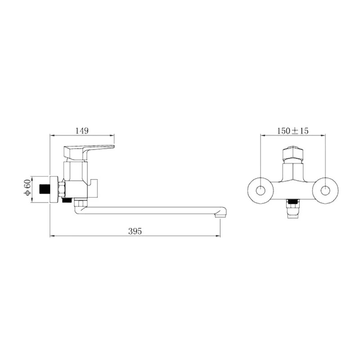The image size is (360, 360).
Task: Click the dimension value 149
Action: [82, 130]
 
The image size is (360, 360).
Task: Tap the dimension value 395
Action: [135, 231]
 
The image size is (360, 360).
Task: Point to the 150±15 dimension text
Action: [293, 131]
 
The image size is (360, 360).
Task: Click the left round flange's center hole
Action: [261, 190]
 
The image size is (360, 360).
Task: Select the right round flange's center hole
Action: [325, 190]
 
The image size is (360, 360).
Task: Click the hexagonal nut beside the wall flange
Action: [62, 189]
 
